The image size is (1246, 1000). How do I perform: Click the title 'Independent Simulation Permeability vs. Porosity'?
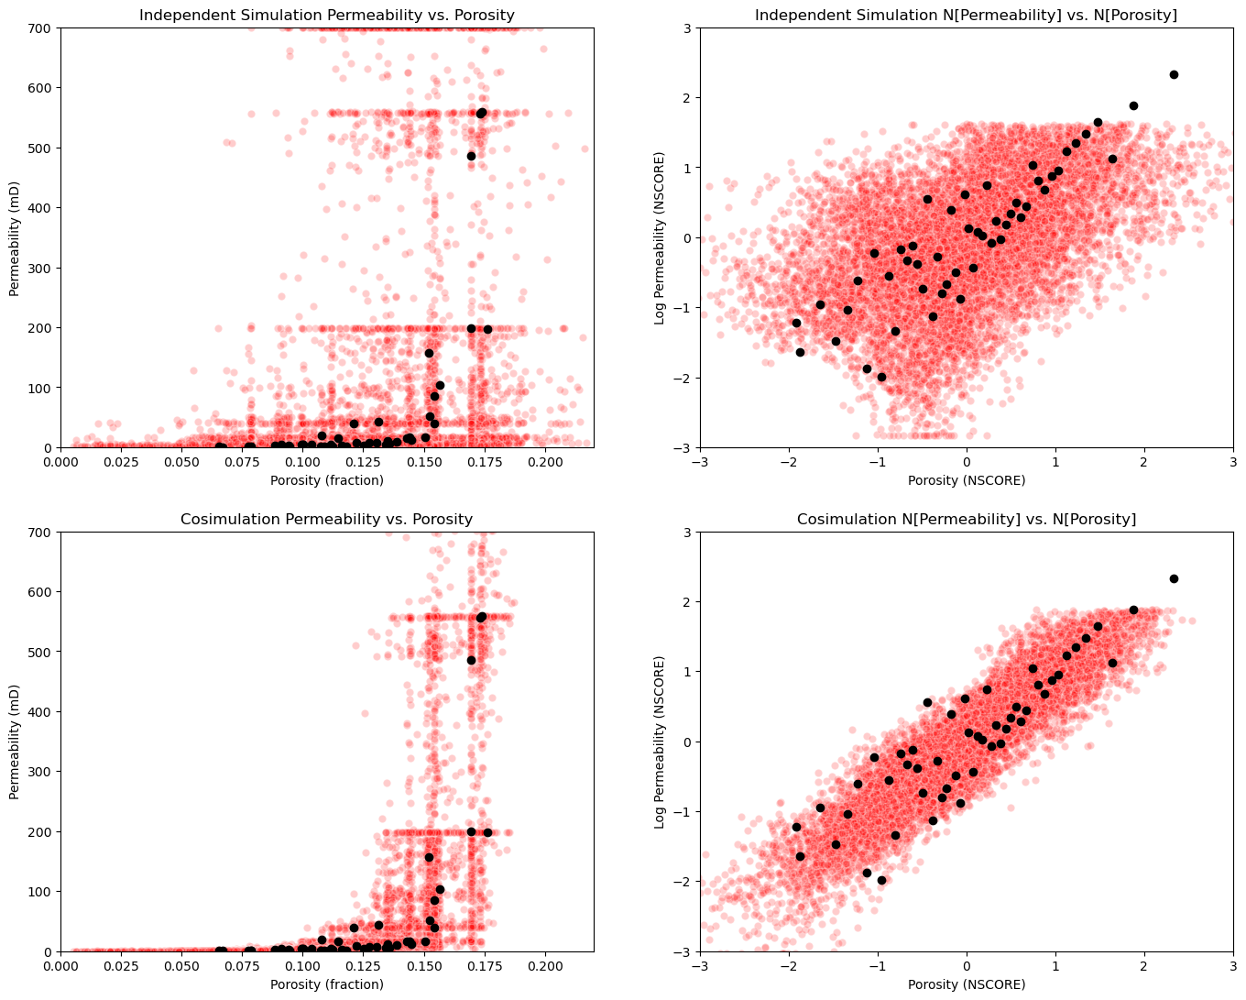coord(327,15)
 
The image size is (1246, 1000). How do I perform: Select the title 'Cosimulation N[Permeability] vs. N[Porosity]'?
coord(967,519)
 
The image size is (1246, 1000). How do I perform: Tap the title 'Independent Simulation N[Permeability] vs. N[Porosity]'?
coord(967,15)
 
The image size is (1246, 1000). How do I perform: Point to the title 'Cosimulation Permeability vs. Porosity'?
coord(327,519)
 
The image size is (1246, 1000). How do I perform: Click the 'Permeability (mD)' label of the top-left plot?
coord(15,237)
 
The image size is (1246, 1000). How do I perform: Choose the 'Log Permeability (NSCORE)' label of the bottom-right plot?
coord(660,742)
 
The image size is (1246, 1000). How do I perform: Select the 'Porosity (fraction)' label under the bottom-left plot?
coord(327,984)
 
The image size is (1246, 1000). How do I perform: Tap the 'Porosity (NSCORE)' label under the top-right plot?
coord(967,480)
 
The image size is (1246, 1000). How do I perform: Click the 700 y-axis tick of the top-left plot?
coord(42,27)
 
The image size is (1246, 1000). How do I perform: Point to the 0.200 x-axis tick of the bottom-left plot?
coord(545,966)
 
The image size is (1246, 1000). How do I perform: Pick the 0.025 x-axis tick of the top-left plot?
coord(109,462)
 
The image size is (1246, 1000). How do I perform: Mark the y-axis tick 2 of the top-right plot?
coord(687,98)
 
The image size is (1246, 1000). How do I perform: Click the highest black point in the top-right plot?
coord(1174,74)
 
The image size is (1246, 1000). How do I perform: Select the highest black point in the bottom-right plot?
coord(1174,578)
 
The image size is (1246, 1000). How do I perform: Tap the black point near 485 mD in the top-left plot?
coord(471,156)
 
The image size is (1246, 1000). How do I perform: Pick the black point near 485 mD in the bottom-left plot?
coord(471,660)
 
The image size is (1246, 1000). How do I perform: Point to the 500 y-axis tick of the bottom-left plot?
coord(42,652)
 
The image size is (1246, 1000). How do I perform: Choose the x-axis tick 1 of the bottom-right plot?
coord(1055,966)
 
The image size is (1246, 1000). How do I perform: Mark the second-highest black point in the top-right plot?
coord(1133,105)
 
